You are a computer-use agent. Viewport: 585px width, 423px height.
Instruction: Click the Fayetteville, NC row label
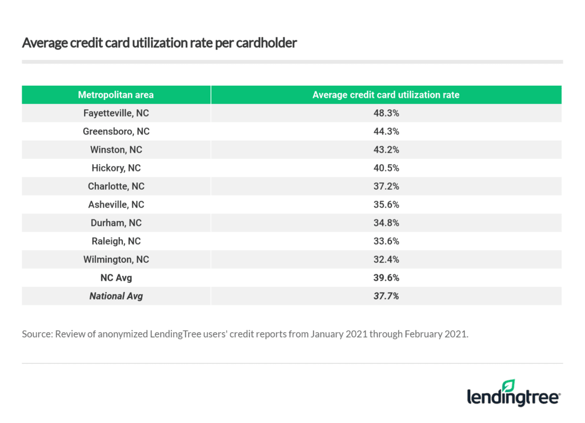[x=116, y=113]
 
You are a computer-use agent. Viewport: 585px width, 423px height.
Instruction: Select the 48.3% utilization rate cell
[x=386, y=113]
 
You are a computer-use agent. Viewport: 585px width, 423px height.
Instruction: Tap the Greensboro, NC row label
[x=116, y=131]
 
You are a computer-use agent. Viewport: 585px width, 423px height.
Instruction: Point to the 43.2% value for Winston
[x=386, y=150]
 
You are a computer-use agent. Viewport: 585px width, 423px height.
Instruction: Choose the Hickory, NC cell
[x=116, y=168]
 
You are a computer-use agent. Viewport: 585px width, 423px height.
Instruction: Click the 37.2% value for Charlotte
[x=386, y=186]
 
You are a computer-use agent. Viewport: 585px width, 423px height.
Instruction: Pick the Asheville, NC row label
[x=116, y=205]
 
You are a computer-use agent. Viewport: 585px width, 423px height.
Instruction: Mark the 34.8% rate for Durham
[x=386, y=223]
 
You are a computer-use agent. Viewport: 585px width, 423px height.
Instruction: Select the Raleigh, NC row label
[x=116, y=241]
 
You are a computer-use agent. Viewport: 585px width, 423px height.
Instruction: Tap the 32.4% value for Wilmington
[x=386, y=260]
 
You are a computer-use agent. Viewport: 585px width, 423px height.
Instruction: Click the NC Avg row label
[x=116, y=278]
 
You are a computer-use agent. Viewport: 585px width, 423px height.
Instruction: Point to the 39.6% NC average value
[x=386, y=278]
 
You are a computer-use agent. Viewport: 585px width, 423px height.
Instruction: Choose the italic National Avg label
[x=116, y=296]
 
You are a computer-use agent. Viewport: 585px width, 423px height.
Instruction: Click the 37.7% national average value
[x=386, y=296]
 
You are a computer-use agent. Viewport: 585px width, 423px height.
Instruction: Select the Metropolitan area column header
[x=116, y=95]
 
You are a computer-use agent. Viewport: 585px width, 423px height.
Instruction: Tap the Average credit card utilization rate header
[x=386, y=95]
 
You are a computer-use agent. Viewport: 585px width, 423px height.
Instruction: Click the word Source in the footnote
[x=37, y=334]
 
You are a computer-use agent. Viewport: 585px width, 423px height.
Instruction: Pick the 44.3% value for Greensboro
[x=386, y=131]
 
